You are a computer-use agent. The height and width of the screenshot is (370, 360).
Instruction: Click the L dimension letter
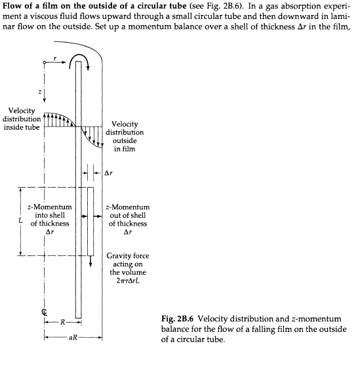(22, 221)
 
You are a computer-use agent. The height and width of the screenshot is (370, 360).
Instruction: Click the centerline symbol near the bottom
(43, 312)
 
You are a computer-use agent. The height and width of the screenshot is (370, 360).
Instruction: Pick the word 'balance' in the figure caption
(178, 330)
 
